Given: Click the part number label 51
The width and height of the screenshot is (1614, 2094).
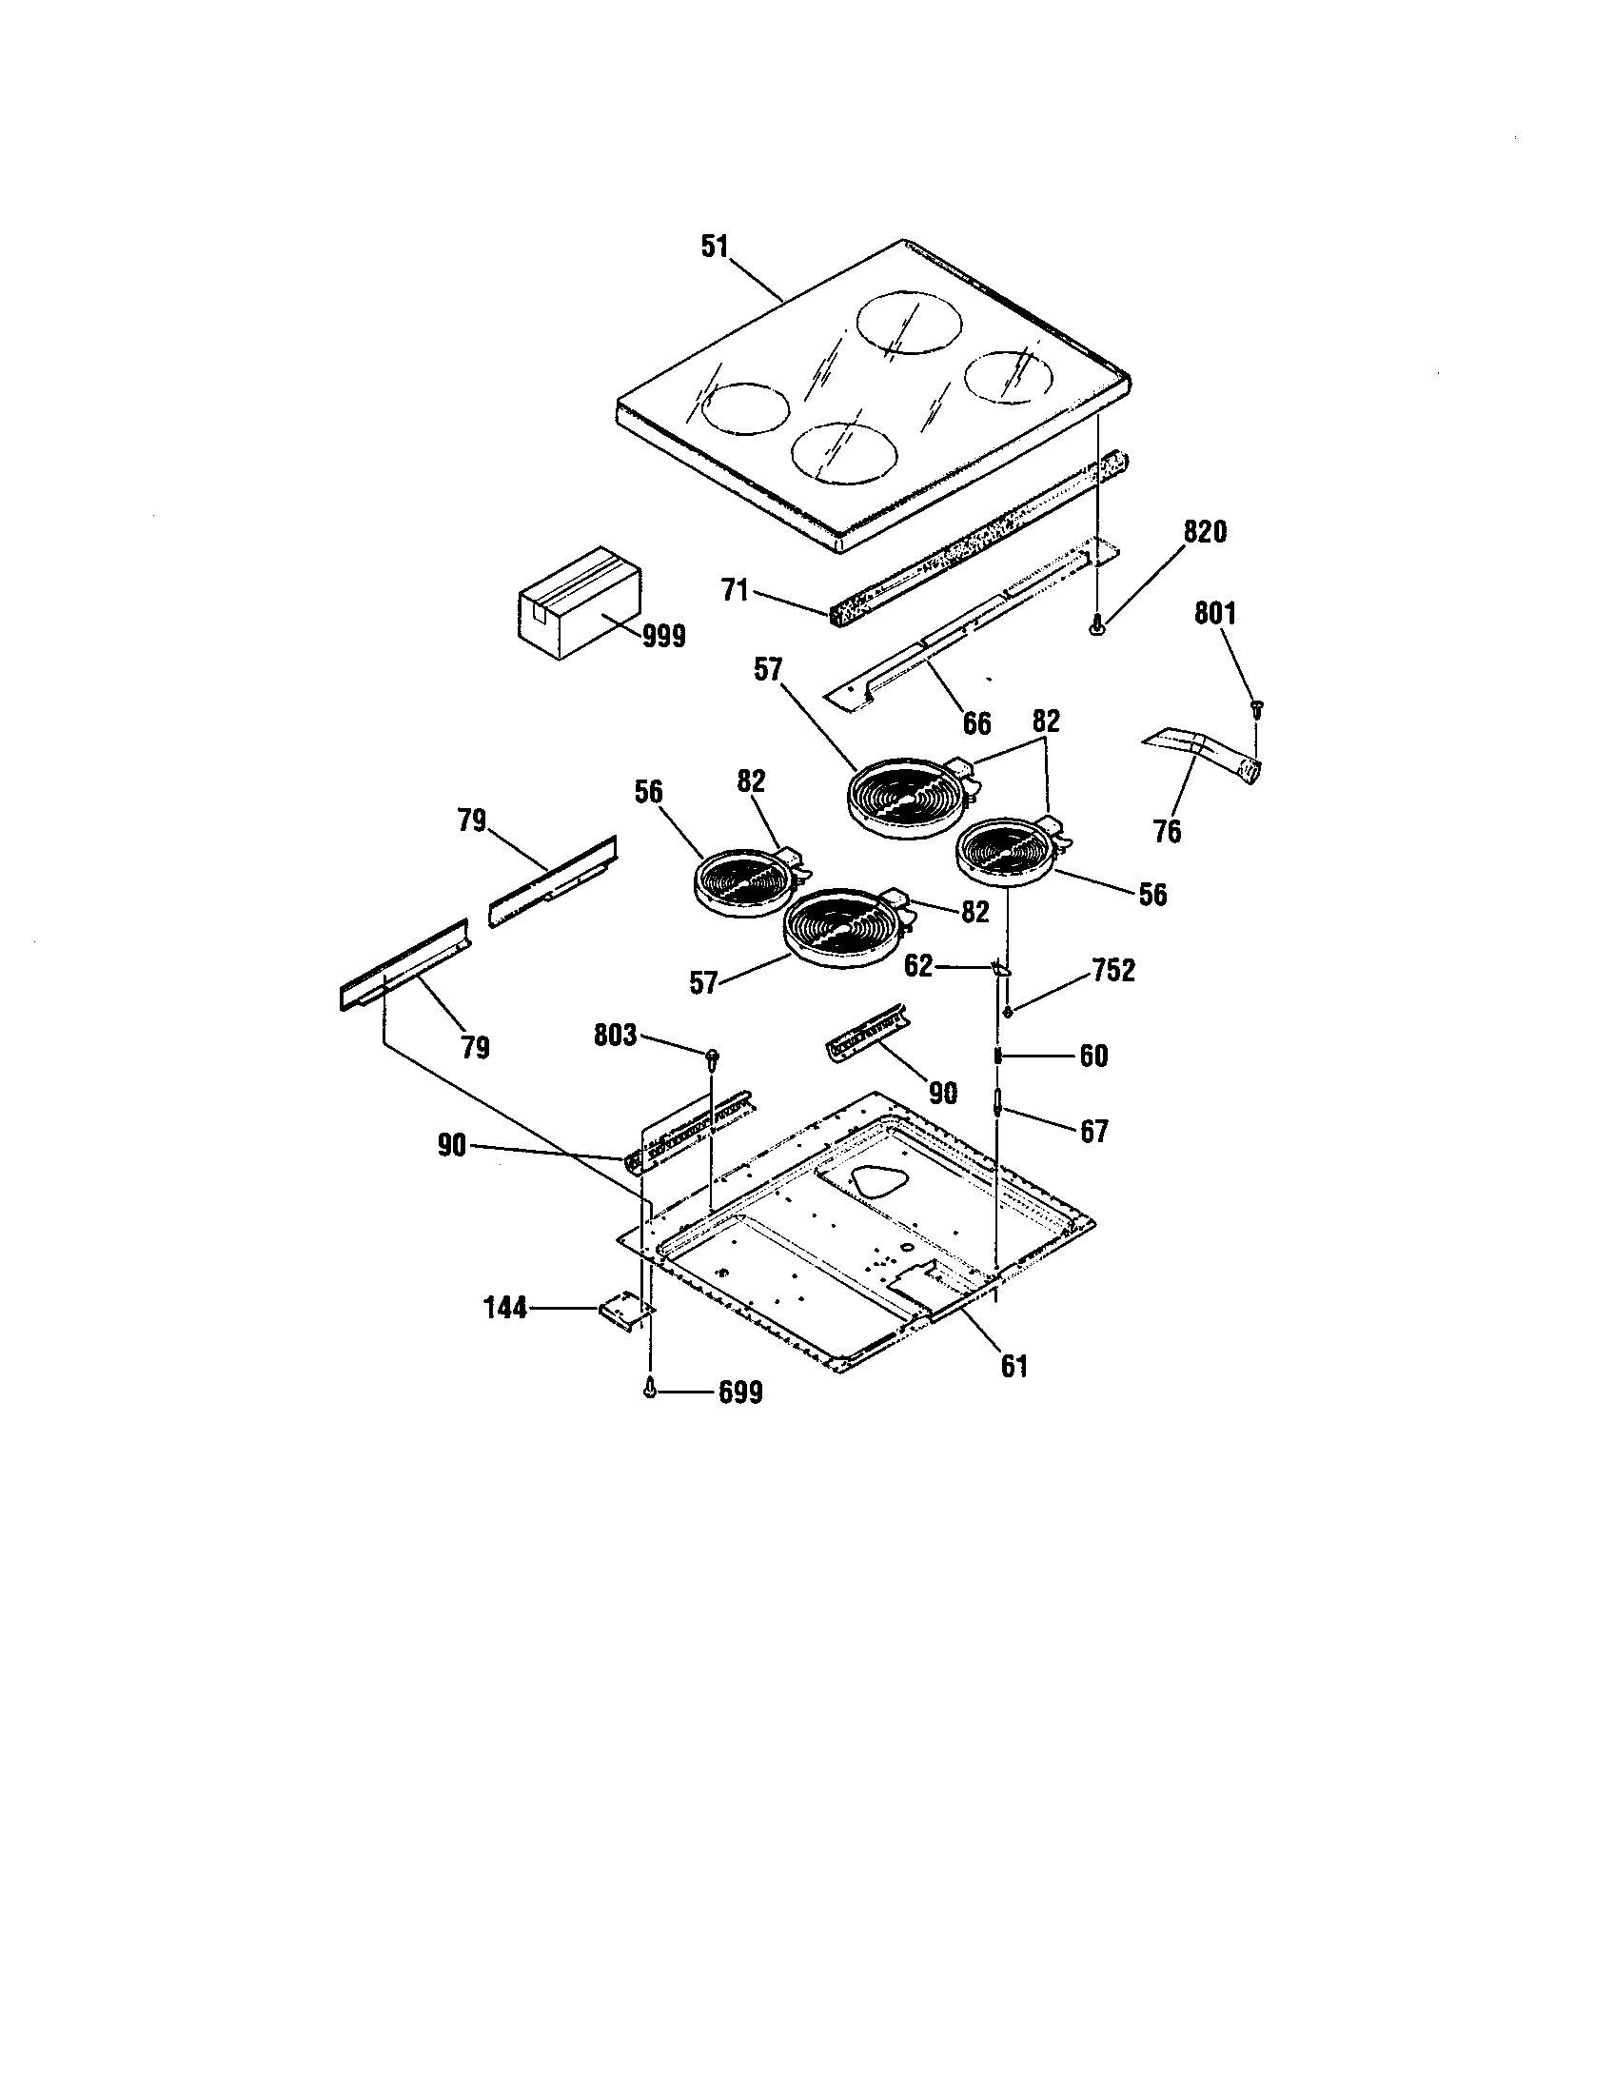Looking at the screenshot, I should tap(715, 247).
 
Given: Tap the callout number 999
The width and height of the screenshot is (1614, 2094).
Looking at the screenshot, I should tap(664, 635).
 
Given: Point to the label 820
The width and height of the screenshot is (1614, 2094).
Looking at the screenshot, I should tap(1205, 532).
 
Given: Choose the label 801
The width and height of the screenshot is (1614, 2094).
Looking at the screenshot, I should tap(1214, 614).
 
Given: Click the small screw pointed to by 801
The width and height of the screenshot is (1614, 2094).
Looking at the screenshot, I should tap(1257, 707).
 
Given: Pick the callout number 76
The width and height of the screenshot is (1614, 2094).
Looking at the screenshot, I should tap(1167, 831).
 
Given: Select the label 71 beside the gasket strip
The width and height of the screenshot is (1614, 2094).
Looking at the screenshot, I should tap(735, 592).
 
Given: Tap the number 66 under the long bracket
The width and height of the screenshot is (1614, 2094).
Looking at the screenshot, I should tap(976, 723).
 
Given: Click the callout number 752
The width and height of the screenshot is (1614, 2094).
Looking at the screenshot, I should tap(1113, 970).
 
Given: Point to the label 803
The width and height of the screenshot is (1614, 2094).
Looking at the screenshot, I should tap(616, 1036).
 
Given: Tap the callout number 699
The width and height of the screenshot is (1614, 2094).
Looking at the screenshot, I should tap(741, 1393).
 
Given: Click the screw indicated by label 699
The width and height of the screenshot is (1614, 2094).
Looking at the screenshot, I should tap(651, 1388).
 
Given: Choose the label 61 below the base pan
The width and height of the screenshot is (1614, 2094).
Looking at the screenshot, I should tap(1014, 1366).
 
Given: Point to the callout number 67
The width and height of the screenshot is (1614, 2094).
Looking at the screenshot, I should tap(1093, 1133).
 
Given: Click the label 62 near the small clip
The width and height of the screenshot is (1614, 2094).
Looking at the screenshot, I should tap(918, 965).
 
